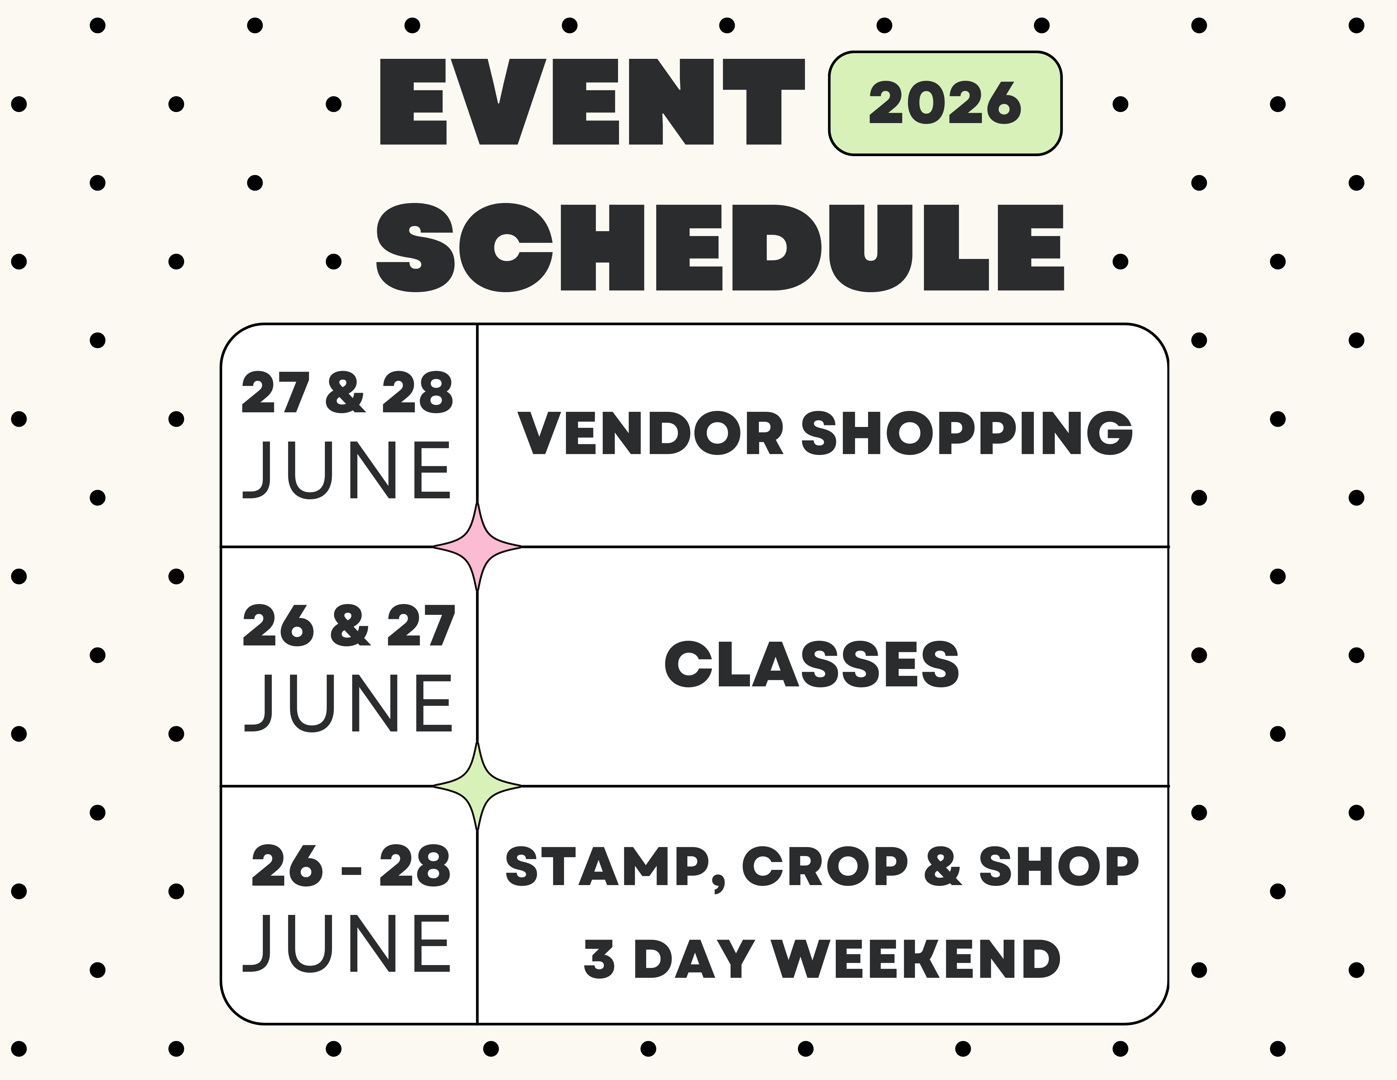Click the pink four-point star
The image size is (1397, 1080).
point(477,547)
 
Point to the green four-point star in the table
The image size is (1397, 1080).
point(477,786)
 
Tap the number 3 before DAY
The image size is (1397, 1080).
point(599,960)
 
